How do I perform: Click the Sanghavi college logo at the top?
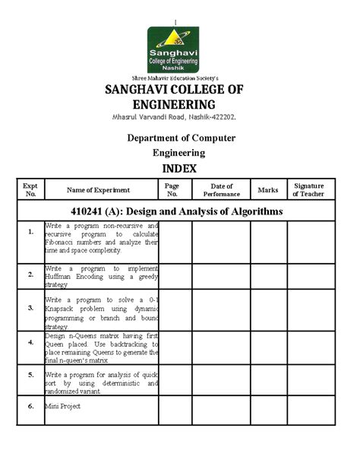(174, 49)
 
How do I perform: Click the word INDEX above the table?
(179, 168)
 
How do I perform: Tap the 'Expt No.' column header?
(30, 189)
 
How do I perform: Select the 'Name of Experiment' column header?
(98, 190)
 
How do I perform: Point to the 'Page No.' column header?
(172, 189)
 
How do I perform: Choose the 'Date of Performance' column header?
(221, 189)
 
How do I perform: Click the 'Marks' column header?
(268, 189)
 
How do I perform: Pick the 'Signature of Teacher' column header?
(308, 189)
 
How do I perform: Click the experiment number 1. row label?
(30, 231)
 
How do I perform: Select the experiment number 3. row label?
(30, 309)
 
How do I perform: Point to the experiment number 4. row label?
(30, 342)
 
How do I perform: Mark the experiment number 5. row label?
(30, 375)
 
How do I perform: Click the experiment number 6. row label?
(30, 406)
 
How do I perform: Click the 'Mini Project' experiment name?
(62, 406)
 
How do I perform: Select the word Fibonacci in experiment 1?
(63, 242)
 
